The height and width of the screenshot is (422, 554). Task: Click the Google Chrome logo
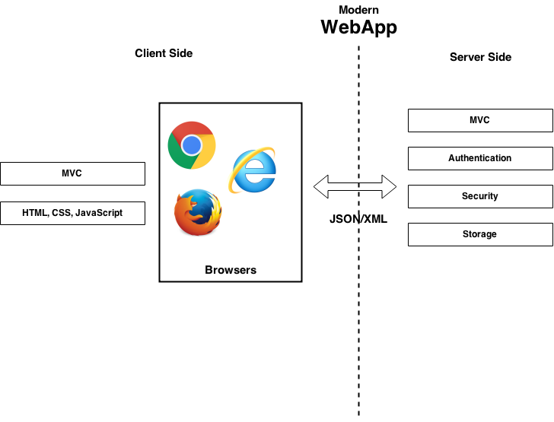click(192, 145)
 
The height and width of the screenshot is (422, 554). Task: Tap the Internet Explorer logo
click(253, 170)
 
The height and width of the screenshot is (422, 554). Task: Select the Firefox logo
click(198, 213)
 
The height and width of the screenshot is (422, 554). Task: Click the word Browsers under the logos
click(231, 270)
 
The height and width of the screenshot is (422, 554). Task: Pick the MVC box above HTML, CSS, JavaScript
click(72, 173)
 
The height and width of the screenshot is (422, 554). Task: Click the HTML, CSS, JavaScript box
click(72, 213)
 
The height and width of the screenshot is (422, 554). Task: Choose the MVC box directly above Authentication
click(480, 120)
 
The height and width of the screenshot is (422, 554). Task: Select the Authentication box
click(480, 158)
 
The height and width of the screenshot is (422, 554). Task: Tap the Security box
click(480, 196)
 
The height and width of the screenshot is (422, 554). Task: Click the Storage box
click(480, 234)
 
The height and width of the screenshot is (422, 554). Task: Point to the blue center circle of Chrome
click(192, 145)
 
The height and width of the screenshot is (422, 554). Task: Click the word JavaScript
click(99, 213)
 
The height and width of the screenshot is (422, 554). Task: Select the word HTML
click(35, 213)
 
